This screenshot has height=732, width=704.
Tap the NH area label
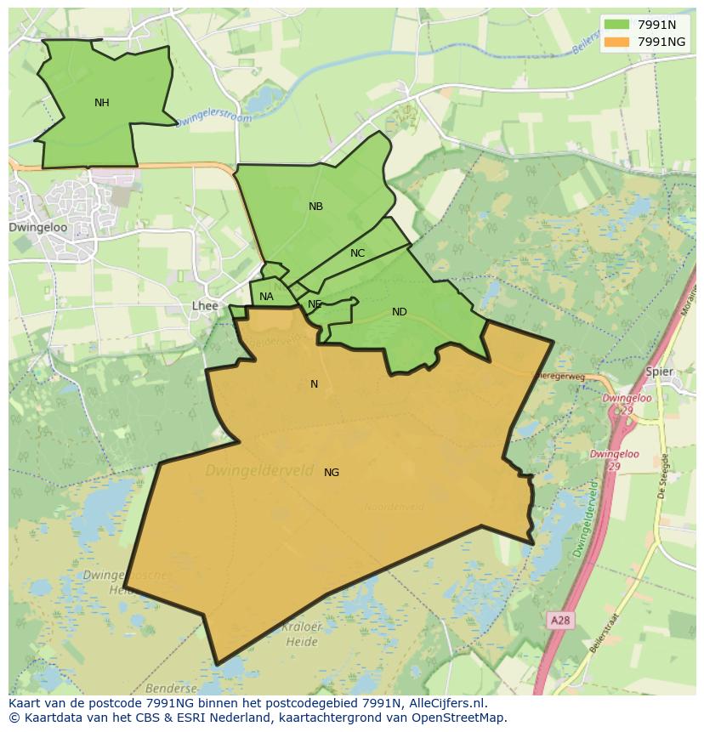tap(102, 103)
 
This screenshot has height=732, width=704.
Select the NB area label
tap(315, 207)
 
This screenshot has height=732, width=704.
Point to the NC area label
tap(357, 253)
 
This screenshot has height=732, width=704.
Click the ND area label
tap(399, 312)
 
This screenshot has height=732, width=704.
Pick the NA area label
tap(266, 297)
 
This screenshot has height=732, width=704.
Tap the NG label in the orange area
tap(332, 473)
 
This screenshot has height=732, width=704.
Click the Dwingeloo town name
tap(37, 228)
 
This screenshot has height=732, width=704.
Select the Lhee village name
tap(205, 306)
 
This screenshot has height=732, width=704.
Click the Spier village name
tap(659, 372)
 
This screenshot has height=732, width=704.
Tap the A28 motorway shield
tap(559, 621)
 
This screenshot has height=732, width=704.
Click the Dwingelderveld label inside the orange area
tap(258, 469)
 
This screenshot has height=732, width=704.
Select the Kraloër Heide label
tap(302, 633)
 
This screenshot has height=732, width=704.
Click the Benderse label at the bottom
tap(171, 689)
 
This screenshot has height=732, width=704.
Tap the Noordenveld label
tap(394, 508)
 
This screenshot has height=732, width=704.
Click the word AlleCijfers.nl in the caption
tap(445, 703)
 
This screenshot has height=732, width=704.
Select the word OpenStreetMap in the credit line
tap(460, 718)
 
